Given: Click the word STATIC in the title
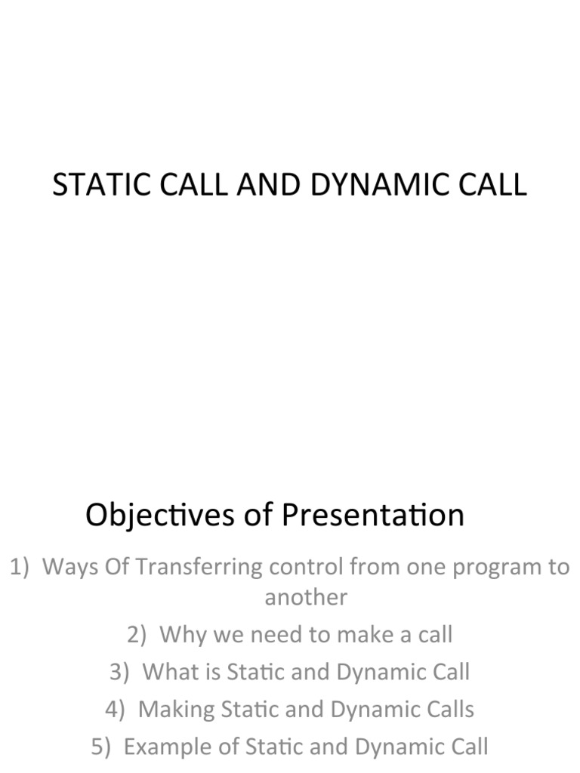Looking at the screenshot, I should pos(91,185).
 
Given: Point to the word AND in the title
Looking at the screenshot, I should pos(261,185).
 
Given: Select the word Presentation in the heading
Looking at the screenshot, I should pos(373,516).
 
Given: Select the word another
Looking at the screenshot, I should pos(306,597).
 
